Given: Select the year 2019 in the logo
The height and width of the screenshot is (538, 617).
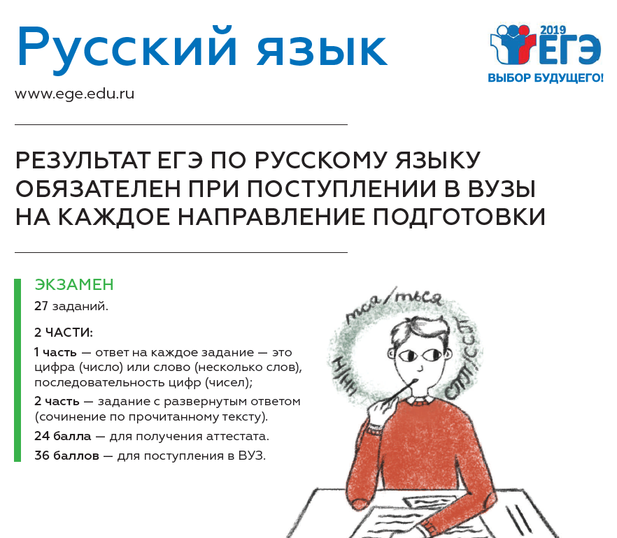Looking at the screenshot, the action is (553, 30).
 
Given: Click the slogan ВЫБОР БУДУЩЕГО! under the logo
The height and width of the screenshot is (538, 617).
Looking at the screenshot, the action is (546, 78).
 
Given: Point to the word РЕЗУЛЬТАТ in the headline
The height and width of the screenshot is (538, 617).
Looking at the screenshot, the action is (83, 160).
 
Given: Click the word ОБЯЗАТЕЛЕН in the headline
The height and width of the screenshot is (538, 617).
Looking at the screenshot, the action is (98, 189).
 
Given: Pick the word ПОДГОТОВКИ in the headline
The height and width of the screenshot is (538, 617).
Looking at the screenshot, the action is (459, 217).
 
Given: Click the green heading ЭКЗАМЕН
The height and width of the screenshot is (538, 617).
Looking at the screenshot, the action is (74, 284).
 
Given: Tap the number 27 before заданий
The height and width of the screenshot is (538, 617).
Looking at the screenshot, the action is (41, 306).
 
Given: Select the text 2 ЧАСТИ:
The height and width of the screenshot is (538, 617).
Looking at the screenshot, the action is (64, 333).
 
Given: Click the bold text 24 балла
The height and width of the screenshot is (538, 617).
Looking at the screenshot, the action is (62, 436).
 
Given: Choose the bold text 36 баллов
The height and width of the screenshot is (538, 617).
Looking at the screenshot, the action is (66, 456).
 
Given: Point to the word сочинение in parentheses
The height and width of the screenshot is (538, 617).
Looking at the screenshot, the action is (72, 416).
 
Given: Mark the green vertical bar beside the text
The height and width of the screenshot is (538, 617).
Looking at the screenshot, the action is (17, 370).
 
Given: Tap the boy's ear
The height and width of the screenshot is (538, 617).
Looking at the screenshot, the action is (391, 354).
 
